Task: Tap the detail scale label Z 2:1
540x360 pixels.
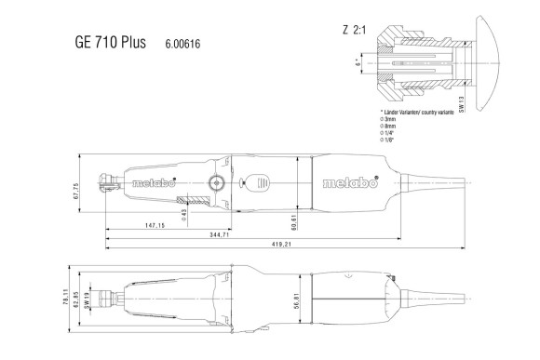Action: point(355,29)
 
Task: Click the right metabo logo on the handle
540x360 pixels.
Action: point(350,183)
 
